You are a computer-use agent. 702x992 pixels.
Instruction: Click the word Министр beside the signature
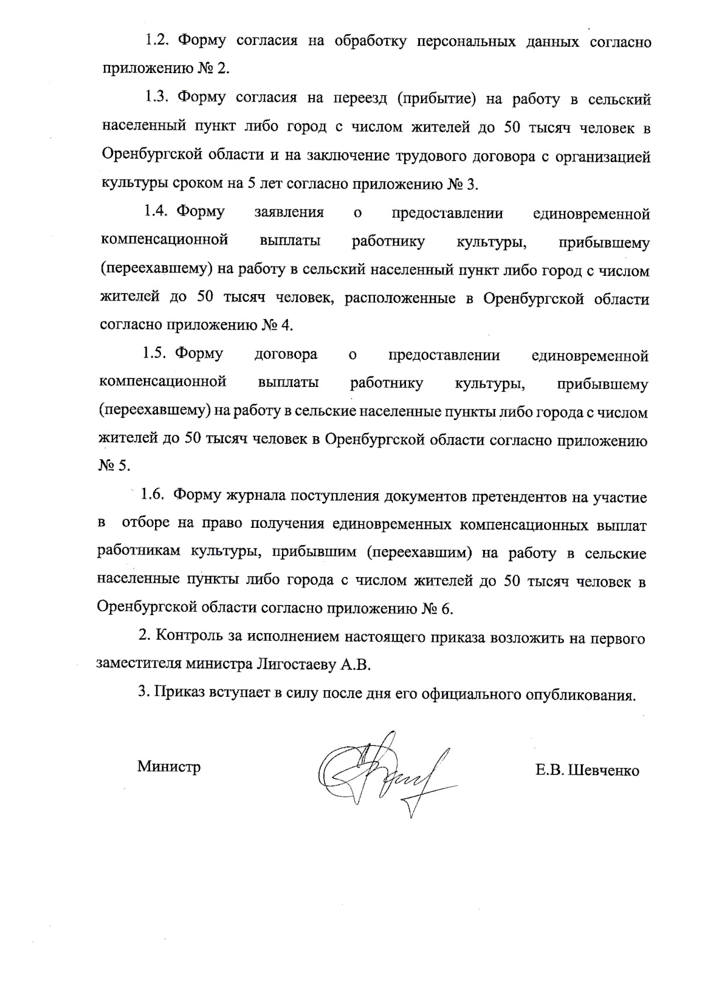pyautogui.click(x=168, y=766)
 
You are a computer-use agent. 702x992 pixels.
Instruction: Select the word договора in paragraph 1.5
pyautogui.click(x=286, y=354)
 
